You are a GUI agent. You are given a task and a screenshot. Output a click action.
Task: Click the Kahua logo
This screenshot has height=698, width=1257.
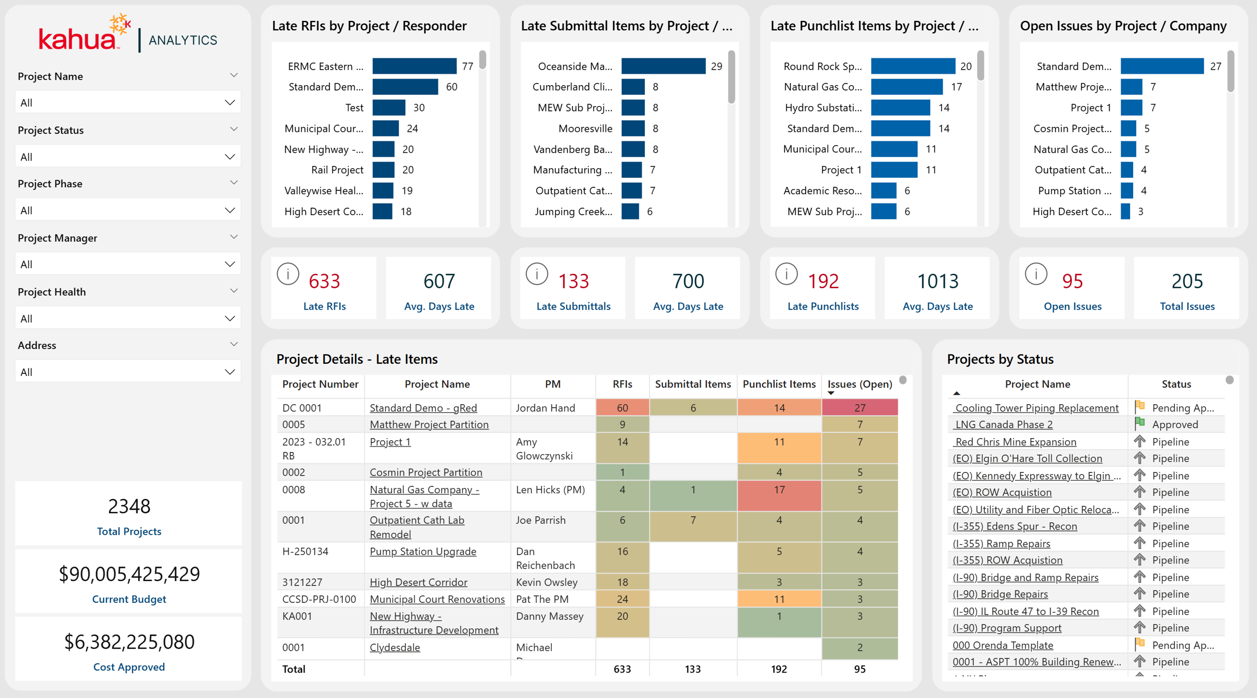(85, 33)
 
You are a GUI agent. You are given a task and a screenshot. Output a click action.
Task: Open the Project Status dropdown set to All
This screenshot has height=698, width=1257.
(128, 157)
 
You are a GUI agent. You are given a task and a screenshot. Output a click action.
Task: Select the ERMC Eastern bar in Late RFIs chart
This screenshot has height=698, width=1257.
(414, 66)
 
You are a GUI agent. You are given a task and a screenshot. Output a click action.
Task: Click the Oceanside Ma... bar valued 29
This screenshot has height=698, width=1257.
(663, 66)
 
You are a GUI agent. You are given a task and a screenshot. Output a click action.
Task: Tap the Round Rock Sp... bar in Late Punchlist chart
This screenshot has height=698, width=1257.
(913, 66)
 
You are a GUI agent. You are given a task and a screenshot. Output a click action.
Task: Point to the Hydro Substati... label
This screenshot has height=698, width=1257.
(824, 108)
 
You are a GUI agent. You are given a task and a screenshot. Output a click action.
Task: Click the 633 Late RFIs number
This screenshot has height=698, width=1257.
(324, 281)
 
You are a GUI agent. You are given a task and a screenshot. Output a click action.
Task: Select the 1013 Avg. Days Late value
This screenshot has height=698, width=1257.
(938, 281)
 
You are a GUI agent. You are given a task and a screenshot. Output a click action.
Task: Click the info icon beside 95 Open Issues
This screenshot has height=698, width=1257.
(1036, 274)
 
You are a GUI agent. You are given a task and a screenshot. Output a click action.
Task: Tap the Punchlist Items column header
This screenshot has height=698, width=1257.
(779, 384)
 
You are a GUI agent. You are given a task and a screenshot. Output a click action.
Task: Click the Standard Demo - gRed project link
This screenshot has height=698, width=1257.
(423, 408)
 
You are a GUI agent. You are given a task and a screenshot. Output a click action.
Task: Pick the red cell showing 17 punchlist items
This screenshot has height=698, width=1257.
(779, 496)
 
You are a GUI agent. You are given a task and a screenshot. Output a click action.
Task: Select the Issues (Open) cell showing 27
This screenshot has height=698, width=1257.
(859, 407)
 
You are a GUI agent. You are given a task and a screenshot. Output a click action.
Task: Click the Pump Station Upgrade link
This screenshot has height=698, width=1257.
(423, 551)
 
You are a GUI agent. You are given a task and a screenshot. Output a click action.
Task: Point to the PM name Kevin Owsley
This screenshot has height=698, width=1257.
(546, 582)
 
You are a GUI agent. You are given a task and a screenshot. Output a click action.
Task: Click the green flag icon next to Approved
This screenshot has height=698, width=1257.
(1140, 423)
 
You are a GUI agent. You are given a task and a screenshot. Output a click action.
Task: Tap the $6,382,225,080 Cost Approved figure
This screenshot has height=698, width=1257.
(129, 642)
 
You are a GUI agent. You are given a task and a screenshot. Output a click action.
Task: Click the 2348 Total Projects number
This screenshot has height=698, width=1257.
(129, 506)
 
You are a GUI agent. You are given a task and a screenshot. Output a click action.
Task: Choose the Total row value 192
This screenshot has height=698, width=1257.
(779, 669)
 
